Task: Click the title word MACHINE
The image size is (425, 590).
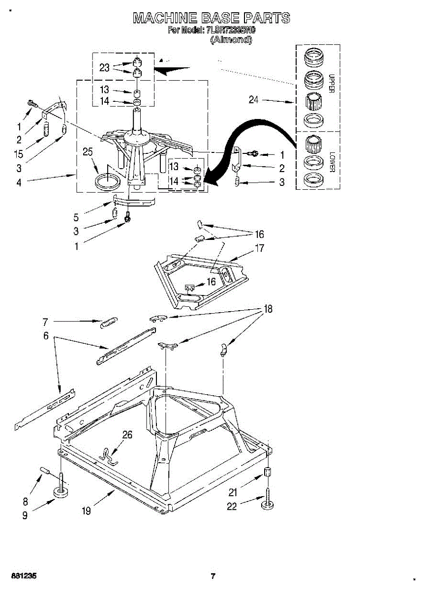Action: (x=163, y=19)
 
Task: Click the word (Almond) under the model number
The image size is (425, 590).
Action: (x=231, y=40)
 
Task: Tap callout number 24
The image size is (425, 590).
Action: (x=253, y=100)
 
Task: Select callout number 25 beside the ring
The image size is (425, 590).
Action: (x=88, y=152)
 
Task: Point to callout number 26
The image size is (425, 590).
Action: (x=127, y=435)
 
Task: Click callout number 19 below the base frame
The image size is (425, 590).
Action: (x=86, y=511)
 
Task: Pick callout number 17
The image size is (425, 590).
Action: (x=259, y=248)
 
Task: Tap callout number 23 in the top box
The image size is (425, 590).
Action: (x=104, y=68)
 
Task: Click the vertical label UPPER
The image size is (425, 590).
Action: (x=331, y=84)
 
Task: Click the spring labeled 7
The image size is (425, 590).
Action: (x=108, y=323)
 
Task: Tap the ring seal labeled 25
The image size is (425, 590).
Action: (x=107, y=181)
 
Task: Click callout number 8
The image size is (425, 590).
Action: (x=25, y=502)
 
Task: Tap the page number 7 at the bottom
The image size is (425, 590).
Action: (x=213, y=576)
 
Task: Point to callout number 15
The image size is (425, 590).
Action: (x=19, y=154)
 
